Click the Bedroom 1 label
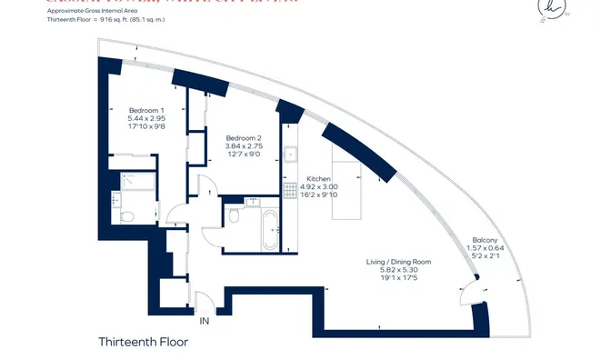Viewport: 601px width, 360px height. (x=145, y=110)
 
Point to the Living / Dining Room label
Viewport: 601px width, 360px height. (x=397, y=262)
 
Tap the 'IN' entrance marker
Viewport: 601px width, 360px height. (x=205, y=320)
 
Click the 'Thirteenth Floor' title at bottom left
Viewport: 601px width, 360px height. (x=143, y=343)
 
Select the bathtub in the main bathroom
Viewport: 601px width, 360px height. (x=271, y=232)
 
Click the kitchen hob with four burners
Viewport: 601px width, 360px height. (x=291, y=192)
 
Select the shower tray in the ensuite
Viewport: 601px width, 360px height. (x=135, y=180)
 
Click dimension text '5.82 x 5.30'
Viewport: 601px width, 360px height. (x=397, y=270)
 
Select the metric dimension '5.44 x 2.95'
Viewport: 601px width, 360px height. (x=145, y=119)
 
